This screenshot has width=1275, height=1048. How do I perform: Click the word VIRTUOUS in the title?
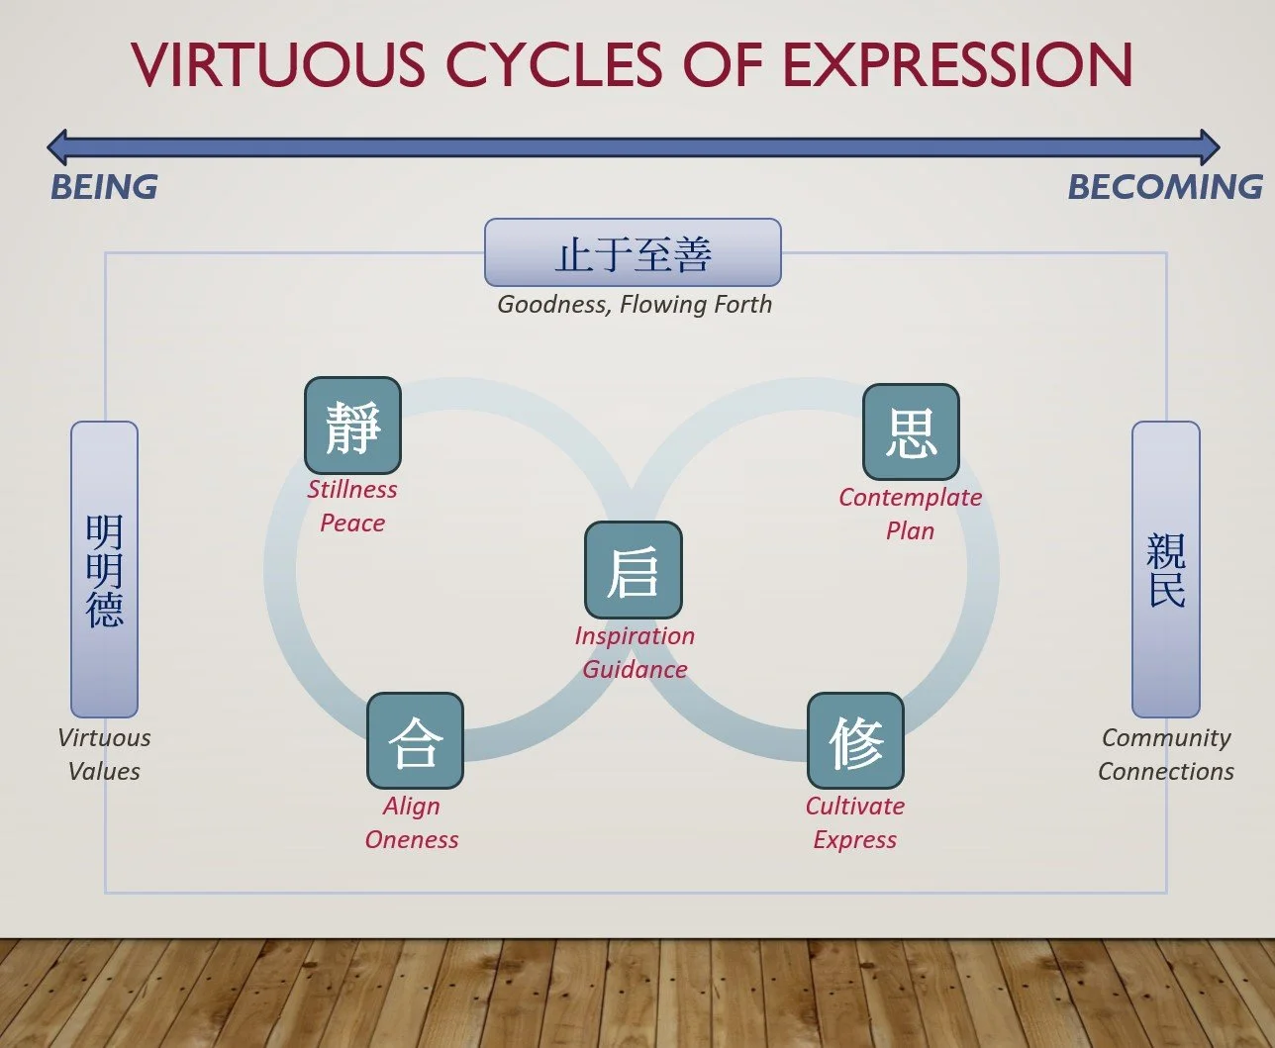point(277,64)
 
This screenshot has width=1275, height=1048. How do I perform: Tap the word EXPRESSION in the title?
point(957,64)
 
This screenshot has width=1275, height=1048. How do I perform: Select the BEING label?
point(104,187)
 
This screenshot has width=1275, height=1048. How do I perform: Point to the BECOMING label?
point(1165,187)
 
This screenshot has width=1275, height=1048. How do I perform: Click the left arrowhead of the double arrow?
point(59,147)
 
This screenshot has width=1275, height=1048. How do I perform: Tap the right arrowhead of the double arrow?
point(1208,147)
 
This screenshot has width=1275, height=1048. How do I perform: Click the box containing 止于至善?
point(633,253)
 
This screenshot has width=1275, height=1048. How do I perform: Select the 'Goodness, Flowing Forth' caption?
point(634,304)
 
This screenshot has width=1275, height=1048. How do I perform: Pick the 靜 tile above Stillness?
point(352,426)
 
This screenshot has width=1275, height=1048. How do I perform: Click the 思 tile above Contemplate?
point(911,432)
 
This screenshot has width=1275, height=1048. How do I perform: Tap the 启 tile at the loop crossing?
point(634,570)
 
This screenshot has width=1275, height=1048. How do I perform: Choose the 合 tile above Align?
point(415,741)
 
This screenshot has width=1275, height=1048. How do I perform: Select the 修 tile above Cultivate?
point(855,741)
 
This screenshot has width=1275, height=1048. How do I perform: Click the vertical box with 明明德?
point(104,569)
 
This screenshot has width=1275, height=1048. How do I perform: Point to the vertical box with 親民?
point(1166,569)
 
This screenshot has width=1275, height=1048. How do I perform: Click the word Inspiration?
point(635,635)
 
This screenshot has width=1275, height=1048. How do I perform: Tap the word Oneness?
point(412,839)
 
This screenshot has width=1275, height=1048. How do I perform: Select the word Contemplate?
point(910,497)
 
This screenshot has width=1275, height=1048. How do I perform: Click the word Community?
point(1166,737)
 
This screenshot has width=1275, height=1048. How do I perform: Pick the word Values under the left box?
point(104,771)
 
